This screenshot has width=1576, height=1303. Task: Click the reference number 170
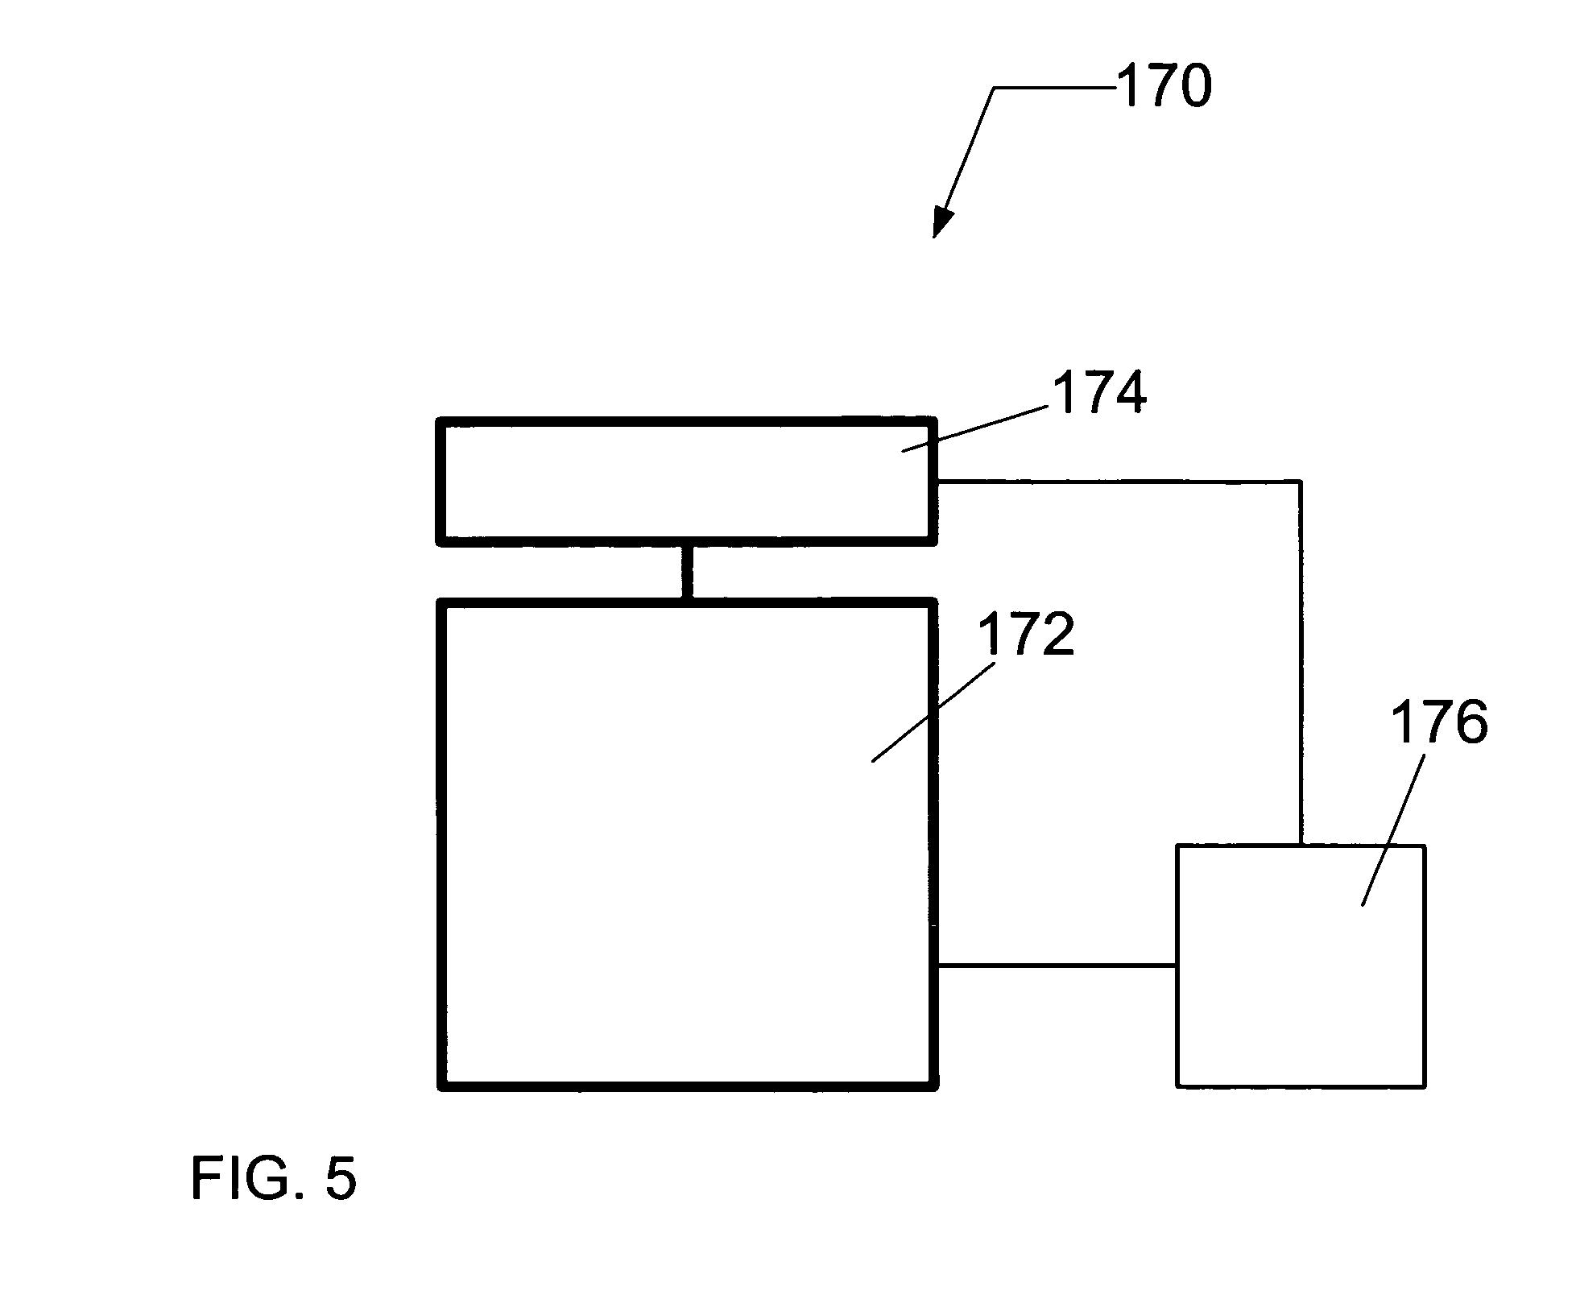pyautogui.click(x=1163, y=87)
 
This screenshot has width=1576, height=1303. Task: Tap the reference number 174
pyautogui.click(x=1098, y=393)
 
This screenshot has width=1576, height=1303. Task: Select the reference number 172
pyautogui.click(x=1025, y=635)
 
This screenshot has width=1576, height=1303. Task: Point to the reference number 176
pyautogui.click(x=1438, y=722)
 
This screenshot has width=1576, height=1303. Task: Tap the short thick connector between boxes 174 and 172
pyautogui.click(x=687, y=572)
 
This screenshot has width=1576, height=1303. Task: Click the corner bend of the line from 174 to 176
pyautogui.click(x=1300, y=482)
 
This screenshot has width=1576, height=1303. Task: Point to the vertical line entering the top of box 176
pyautogui.click(x=1300, y=668)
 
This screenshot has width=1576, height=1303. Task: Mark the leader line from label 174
pyautogui.click(x=974, y=428)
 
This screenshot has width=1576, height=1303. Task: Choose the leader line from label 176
pyautogui.click(x=1393, y=829)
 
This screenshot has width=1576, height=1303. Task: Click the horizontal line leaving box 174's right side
pyautogui.click(x=1119, y=482)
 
